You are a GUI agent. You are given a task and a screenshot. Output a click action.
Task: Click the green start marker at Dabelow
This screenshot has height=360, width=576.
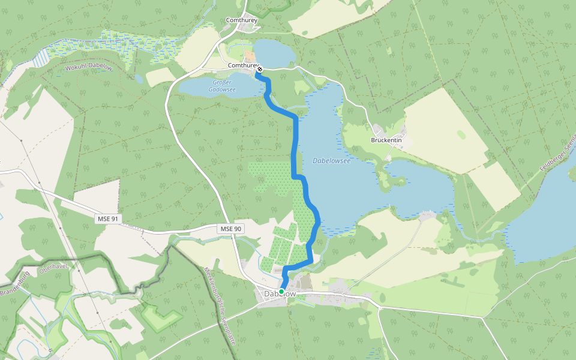281,292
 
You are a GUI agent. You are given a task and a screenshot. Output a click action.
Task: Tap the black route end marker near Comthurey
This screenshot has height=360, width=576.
260,69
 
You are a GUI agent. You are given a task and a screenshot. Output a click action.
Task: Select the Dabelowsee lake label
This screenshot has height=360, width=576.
331,161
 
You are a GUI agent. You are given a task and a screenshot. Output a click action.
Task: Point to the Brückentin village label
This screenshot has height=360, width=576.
386,140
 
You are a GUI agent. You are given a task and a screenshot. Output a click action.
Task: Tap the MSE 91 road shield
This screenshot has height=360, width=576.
108,219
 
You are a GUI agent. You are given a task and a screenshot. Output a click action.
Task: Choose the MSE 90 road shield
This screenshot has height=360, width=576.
230,229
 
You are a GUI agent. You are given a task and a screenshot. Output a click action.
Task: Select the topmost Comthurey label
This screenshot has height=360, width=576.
242,20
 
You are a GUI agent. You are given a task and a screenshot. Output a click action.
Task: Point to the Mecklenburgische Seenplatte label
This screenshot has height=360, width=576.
219,306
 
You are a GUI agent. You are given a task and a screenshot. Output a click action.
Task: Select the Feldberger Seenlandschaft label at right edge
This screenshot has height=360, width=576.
558,153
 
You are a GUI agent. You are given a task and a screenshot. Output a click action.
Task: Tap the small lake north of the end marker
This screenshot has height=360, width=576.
274,53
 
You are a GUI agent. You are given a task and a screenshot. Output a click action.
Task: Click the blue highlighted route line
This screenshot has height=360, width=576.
295,150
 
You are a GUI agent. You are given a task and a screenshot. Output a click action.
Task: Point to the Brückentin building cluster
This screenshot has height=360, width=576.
380,130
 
